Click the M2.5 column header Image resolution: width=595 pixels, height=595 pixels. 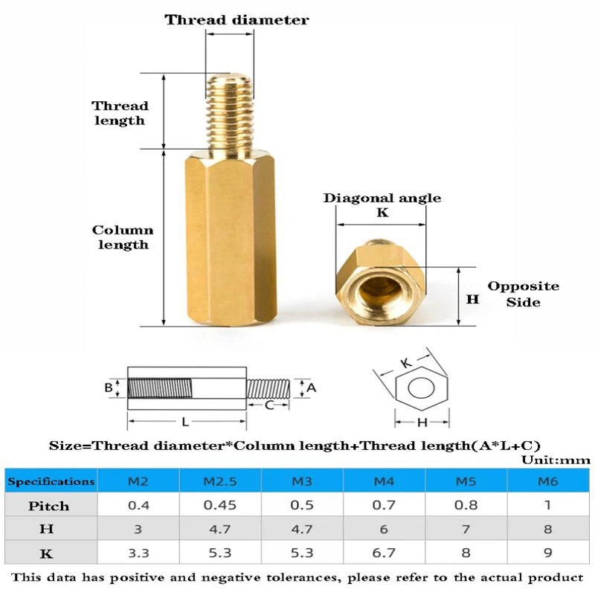point(218,481)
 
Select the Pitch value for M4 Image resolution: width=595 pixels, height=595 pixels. point(383,506)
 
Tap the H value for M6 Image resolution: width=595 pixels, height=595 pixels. point(547,530)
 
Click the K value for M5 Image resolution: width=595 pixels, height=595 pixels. point(466,553)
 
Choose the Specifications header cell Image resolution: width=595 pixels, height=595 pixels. point(51,481)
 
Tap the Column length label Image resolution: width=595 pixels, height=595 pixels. point(123,237)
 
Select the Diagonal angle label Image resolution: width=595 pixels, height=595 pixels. point(382,198)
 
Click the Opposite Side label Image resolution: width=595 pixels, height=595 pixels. point(523,294)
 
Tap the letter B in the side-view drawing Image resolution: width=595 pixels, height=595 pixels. point(109,387)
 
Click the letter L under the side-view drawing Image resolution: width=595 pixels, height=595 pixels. point(185,422)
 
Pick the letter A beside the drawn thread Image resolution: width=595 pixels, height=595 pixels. point(312,387)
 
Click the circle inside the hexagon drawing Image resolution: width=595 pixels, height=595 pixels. point(421,389)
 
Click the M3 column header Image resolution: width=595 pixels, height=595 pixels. point(300,481)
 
